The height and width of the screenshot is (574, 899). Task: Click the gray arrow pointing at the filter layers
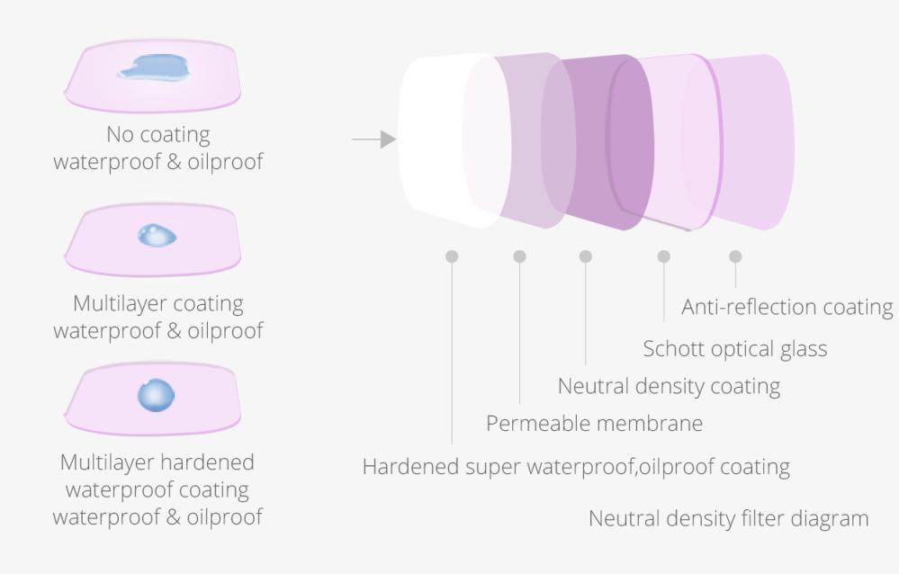point(373,139)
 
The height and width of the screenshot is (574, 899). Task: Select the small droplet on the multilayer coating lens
point(157,237)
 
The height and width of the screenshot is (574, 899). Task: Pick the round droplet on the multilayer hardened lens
point(156,394)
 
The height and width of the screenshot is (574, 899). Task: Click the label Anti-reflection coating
point(787,307)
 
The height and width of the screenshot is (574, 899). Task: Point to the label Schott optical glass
point(734,348)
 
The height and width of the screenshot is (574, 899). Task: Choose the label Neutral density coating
point(669,386)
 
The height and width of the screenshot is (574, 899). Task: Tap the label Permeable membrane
point(594,423)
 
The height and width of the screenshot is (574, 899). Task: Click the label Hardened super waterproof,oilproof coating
point(576,467)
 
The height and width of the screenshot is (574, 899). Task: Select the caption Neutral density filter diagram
point(729,518)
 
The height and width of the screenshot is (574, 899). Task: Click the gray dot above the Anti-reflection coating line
point(735,256)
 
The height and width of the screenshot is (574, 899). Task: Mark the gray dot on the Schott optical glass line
point(664,256)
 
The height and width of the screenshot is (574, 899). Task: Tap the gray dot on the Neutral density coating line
point(586,256)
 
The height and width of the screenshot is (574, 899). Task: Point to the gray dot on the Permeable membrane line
point(519,256)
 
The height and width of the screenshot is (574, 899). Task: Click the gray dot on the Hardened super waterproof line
point(452,256)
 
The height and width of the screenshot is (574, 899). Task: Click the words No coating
point(157,135)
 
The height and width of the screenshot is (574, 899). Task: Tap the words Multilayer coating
point(157,303)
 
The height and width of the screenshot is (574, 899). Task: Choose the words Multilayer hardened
point(157,462)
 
